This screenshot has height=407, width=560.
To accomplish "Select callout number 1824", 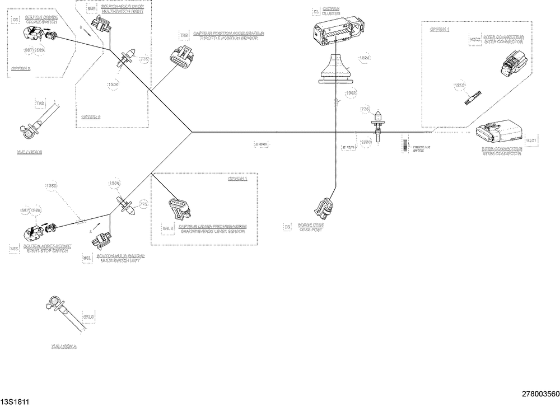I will [x=365, y=58].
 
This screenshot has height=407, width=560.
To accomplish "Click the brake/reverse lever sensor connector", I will [x=178, y=208].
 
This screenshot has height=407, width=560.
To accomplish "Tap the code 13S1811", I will [x=15, y=401].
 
